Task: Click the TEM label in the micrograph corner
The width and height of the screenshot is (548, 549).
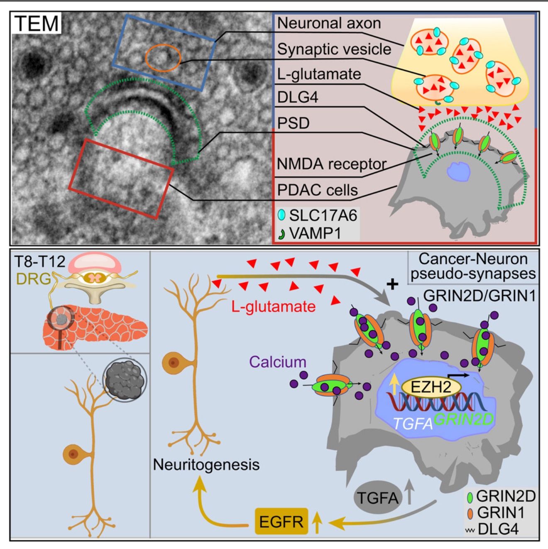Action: coord(37,24)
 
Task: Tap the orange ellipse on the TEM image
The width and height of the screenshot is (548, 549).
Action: coord(163,58)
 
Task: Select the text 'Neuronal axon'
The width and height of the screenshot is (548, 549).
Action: coord(329,23)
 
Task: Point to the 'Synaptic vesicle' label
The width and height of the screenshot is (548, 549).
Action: coord(334,49)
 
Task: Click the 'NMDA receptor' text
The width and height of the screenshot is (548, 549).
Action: coord(331,164)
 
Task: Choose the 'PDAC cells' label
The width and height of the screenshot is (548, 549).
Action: coord(317,190)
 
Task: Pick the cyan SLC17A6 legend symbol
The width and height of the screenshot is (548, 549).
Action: coord(281,215)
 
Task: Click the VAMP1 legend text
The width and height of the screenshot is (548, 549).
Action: coord(315,233)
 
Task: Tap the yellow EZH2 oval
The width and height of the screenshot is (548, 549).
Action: coord(431,387)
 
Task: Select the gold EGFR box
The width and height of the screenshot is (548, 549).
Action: coord(281,521)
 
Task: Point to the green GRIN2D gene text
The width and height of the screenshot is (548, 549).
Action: coord(464,420)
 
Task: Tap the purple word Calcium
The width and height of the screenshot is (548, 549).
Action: coord(278,362)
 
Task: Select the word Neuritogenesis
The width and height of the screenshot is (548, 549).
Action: coord(206,464)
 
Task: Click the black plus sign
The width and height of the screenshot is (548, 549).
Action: coord(392,284)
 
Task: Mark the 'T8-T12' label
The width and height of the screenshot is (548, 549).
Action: coord(40,262)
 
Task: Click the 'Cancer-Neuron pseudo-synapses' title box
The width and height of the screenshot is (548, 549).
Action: coord(473,266)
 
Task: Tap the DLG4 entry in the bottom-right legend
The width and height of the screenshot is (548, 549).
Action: coord(498,529)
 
